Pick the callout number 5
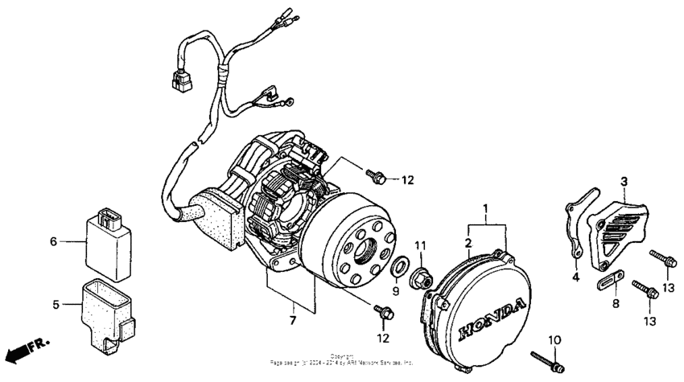click(56, 305)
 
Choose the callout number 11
click(418, 244)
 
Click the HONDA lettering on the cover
click(492, 317)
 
